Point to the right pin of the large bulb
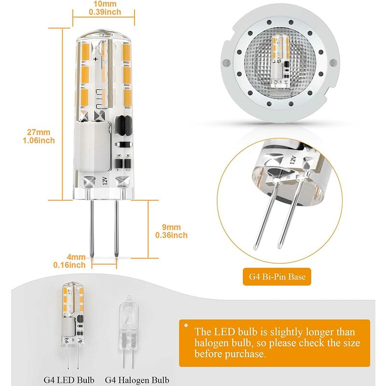click(x=116, y=227)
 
